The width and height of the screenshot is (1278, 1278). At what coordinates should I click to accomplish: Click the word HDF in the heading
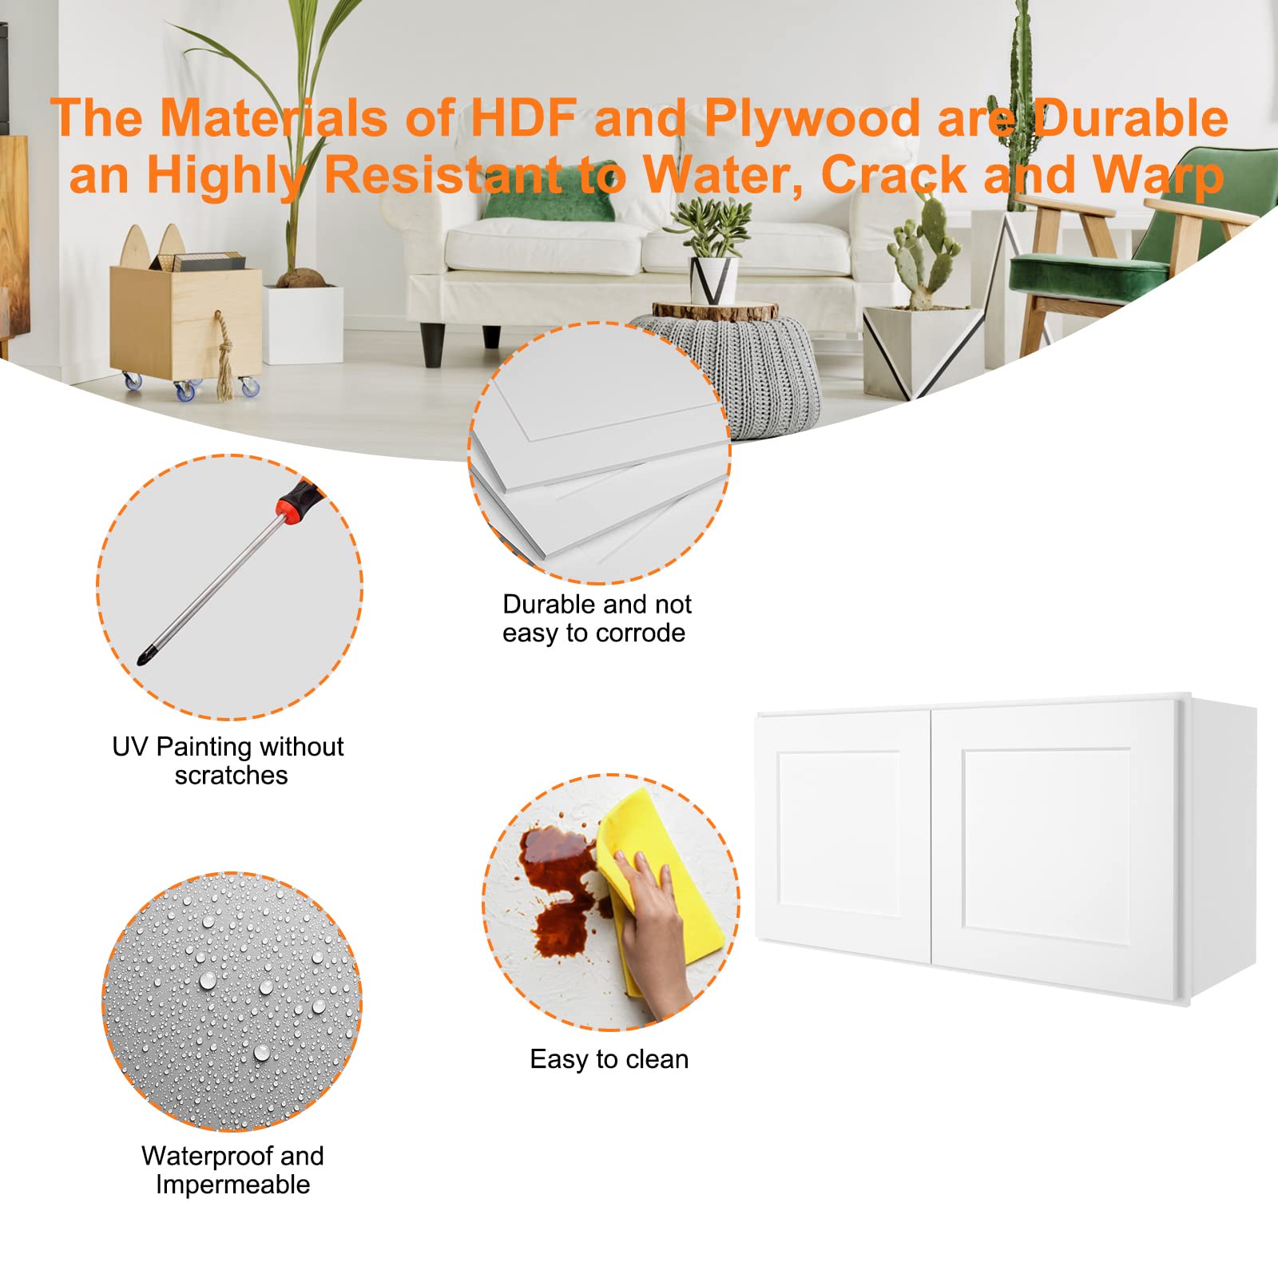point(523,118)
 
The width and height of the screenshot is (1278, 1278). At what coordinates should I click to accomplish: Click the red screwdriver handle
point(297,501)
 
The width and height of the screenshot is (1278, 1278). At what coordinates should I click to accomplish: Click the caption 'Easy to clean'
point(609,1059)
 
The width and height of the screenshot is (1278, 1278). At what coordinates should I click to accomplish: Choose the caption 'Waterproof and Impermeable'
point(232,1170)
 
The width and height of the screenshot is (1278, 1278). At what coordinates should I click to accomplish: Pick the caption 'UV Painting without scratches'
point(228,760)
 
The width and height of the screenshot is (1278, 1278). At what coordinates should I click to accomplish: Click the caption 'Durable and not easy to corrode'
point(596,618)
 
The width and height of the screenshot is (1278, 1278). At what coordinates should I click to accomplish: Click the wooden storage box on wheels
point(184,319)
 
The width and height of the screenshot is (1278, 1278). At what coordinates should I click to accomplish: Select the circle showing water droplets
point(232,1002)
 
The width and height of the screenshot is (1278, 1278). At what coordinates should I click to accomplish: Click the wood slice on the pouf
point(715,311)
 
